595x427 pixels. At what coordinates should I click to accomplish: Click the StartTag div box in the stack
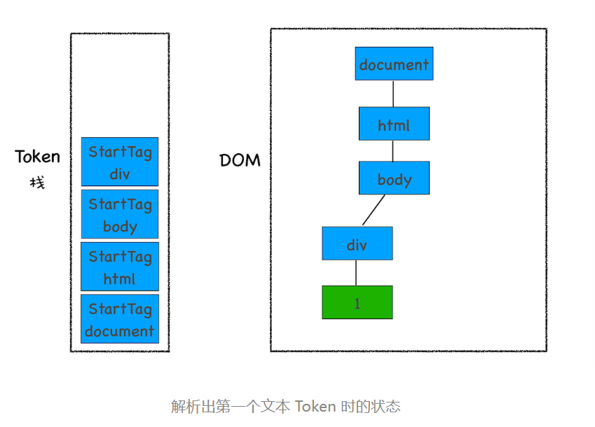point(120,162)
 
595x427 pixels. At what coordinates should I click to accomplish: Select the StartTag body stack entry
point(120,214)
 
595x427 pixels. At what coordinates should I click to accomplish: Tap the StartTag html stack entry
point(120,267)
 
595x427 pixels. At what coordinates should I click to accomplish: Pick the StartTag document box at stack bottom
point(120,319)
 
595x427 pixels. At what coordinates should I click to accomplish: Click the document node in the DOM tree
point(394,64)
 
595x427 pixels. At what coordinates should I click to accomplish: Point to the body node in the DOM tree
point(394,178)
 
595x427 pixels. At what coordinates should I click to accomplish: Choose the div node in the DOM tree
point(357,244)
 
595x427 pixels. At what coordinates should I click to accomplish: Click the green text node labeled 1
point(357,302)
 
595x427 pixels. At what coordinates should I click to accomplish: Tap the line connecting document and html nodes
point(393,94)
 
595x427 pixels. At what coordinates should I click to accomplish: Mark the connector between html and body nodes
point(393,150)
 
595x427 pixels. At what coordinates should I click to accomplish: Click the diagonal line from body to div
point(374,210)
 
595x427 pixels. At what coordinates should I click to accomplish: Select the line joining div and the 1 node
point(356,273)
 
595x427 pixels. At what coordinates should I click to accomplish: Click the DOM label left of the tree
point(240,160)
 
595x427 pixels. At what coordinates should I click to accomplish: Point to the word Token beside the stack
point(38,157)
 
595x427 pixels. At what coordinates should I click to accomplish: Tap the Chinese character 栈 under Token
point(37,183)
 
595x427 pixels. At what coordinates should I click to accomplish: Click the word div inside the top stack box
point(120,174)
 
